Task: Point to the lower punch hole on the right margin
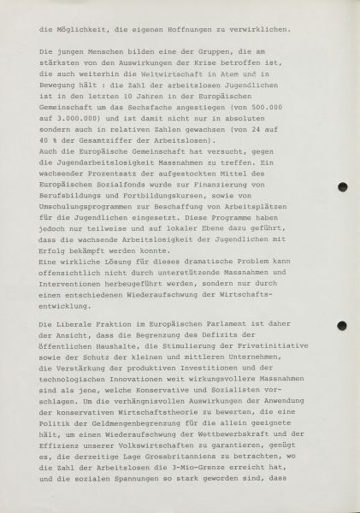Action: [342, 326]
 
